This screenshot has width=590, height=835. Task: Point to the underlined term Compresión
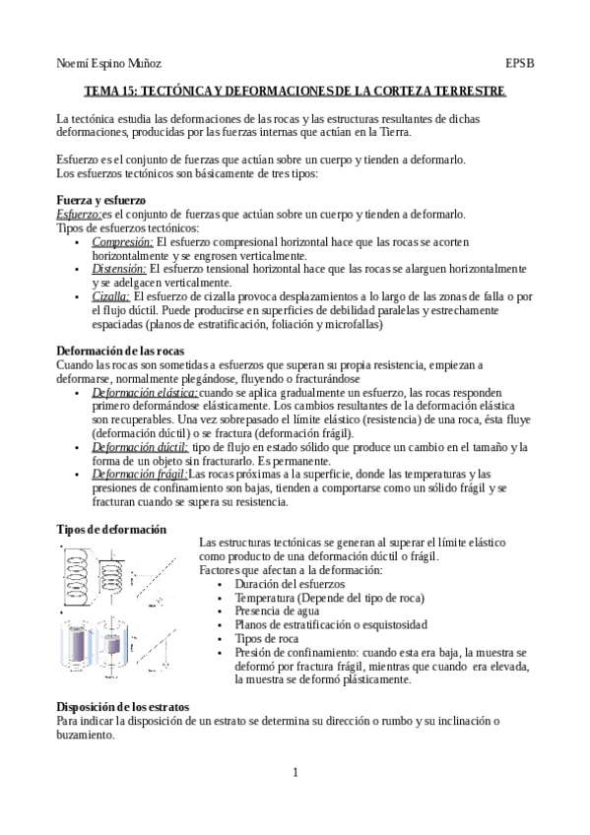(x=123, y=241)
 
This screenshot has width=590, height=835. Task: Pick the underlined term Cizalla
(x=110, y=295)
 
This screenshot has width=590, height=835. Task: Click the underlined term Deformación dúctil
(x=139, y=446)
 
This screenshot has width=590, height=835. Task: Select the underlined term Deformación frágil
(x=138, y=474)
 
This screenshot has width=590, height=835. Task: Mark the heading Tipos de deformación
(x=111, y=530)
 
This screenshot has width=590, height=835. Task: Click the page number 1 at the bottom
(x=295, y=772)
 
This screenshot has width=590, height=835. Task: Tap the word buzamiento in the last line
(x=86, y=735)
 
